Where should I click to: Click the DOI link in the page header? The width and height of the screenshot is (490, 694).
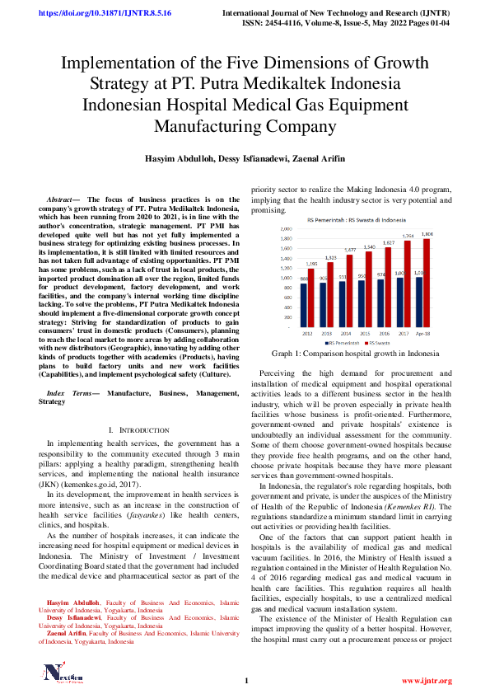pos(95,13)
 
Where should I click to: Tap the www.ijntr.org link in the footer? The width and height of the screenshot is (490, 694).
pos(426,680)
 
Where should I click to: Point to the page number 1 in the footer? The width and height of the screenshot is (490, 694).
pos(245,680)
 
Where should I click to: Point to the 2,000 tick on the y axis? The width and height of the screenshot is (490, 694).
pos(286,228)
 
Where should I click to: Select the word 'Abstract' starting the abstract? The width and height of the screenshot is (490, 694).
pos(59,199)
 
